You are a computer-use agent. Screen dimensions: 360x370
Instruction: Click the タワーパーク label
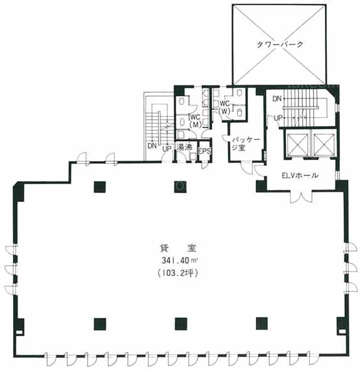(280, 45)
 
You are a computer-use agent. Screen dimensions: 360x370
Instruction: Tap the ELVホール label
(300, 176)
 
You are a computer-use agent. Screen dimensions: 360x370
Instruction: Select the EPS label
(204, 151)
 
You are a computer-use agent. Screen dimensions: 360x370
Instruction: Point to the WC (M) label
(196, 120)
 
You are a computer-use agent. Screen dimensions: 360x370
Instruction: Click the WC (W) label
(225, 108)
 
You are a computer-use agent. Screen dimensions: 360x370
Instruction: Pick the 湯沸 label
(184, 147)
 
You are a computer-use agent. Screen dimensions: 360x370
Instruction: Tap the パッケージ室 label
(245, 144)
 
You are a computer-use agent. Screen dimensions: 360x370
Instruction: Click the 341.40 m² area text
(179, 260)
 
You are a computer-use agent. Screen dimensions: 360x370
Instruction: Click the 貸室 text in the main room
(177, 248)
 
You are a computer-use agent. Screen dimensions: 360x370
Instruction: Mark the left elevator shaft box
(297, 144)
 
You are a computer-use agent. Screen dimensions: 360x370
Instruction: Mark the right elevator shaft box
(324, 144)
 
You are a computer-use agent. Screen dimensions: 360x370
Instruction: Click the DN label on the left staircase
(152, 146)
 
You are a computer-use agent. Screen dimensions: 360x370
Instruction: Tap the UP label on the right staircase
(278, 118)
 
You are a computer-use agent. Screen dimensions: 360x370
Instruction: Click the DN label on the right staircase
(277, 98)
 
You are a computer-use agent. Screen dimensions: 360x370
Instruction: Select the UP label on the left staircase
(167, 149)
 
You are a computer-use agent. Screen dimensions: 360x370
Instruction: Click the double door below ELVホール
(301, 196)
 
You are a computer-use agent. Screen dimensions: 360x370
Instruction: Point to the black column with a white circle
(180, 187)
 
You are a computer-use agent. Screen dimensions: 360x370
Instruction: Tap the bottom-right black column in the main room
(262, 324)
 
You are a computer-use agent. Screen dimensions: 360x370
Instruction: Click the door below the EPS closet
(205, 164)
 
